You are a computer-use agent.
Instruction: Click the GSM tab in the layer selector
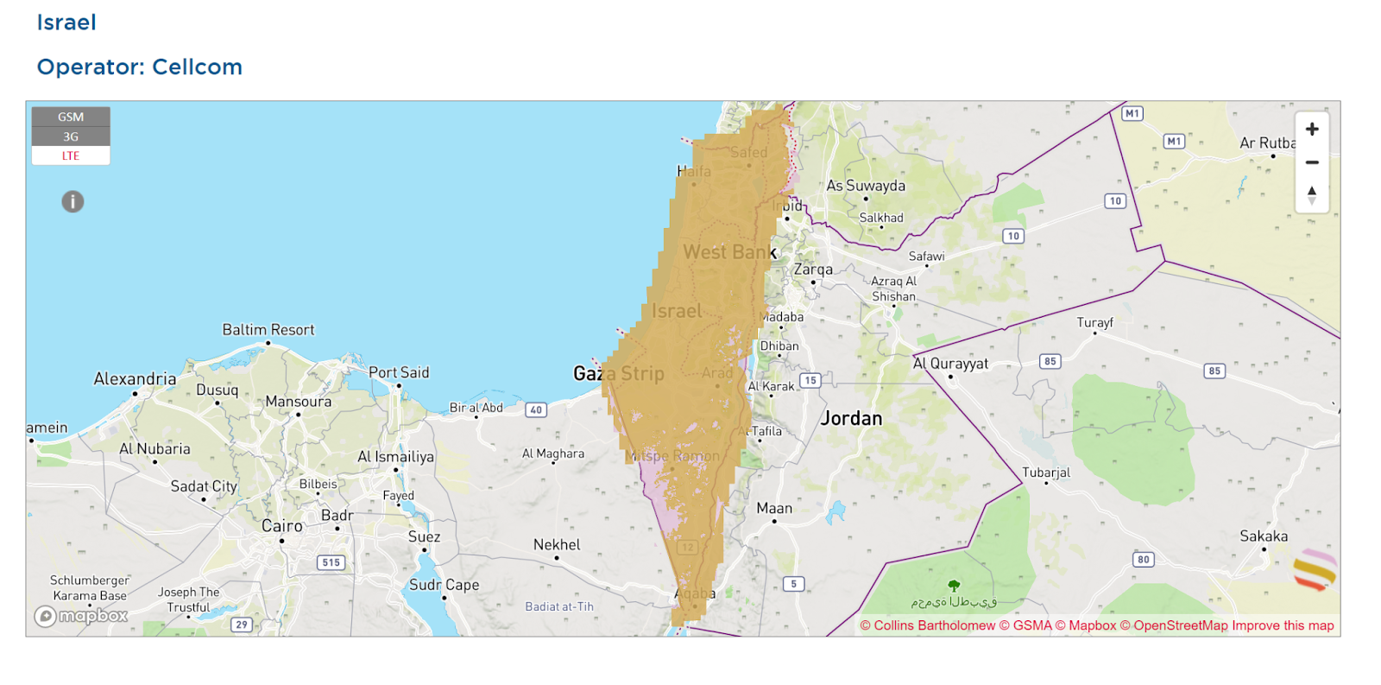tap(71, 117)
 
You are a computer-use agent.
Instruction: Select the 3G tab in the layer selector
tap(71, 136)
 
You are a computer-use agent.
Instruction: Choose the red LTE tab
tap(71, 156)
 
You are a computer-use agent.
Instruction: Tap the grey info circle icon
tap(73, 201)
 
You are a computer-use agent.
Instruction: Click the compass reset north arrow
tap(1312, 195)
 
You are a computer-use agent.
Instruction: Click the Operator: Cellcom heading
tap(139, 67)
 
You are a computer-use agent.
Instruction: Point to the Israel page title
tap(66, 22)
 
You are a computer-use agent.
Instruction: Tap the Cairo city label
tap(282, 526)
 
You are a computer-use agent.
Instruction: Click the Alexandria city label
tap(135, 378)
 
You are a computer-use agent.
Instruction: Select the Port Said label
tap(399, 372)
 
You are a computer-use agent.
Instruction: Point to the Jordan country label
tap(851, 419)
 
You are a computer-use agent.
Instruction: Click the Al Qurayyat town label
tap(950, 364)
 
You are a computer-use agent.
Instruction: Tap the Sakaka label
tap(1264, 536)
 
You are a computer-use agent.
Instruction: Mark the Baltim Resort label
tap(268, 330)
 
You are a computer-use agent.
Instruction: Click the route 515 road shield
tap(331, 562)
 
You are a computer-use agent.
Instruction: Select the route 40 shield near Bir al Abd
tap(536, 409)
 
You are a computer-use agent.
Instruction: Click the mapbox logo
tap(81, 616)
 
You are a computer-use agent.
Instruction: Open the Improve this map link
tap(1283, 625)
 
